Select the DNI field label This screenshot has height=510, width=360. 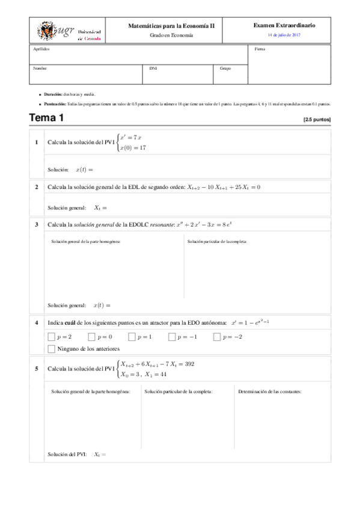[153, 68]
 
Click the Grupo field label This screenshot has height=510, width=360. [225, 68]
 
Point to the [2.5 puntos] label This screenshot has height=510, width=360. [317, 120]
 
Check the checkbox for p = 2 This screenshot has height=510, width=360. [51, 337]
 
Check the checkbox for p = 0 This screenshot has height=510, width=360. [91, 337]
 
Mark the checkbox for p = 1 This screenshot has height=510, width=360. [132, 337]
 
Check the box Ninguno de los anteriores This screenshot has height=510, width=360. [51, 349]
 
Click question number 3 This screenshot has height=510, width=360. [37, 224]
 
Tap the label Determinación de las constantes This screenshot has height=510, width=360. [270, 392]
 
